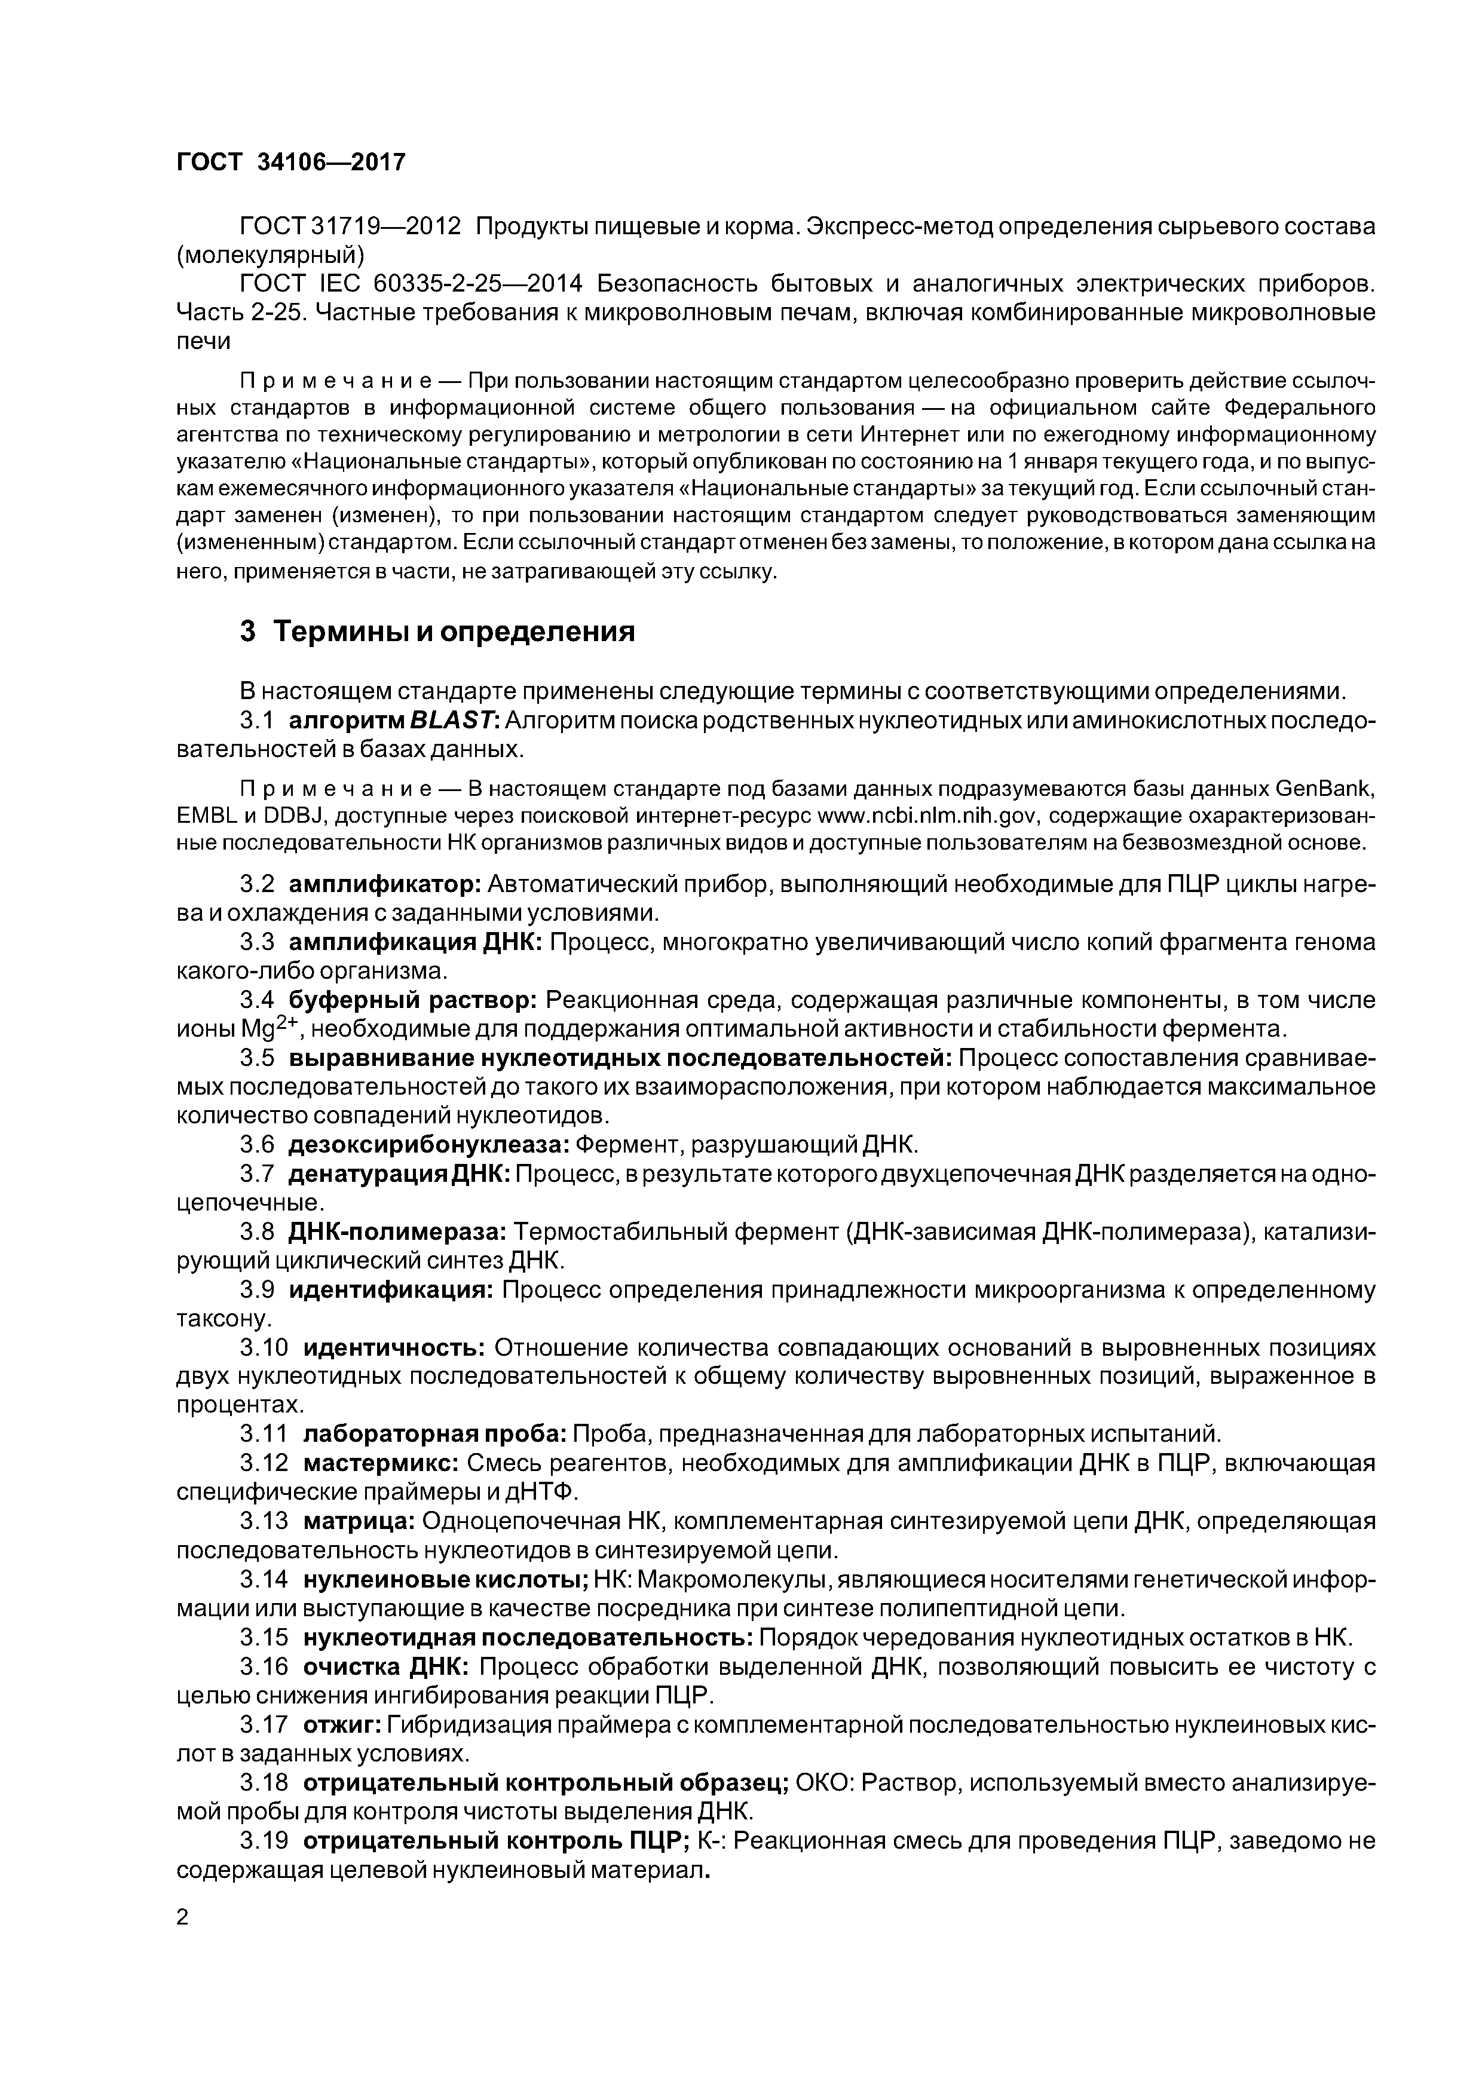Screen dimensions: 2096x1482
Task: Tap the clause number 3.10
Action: [x=265, y=1347]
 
